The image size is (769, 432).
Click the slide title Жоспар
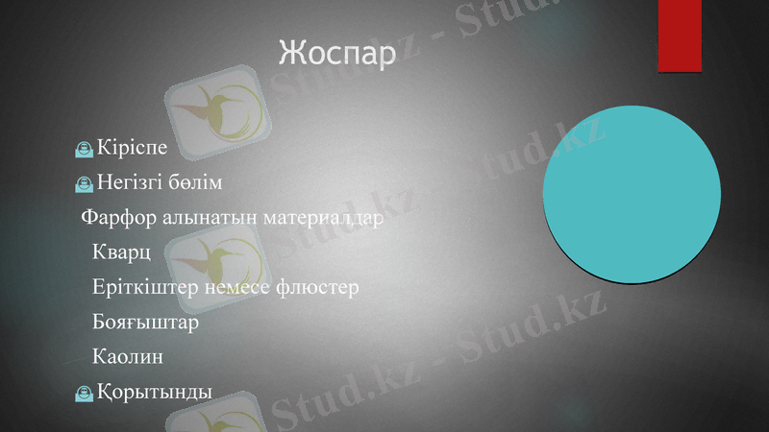336,54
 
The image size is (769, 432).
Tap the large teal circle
633,194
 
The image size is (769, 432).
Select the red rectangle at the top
680,35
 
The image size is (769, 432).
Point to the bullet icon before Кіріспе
85,149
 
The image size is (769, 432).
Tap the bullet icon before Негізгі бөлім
85,182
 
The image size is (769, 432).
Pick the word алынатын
198,217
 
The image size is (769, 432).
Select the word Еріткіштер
140,287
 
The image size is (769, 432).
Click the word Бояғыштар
146,323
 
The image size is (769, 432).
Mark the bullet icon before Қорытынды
85,393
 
